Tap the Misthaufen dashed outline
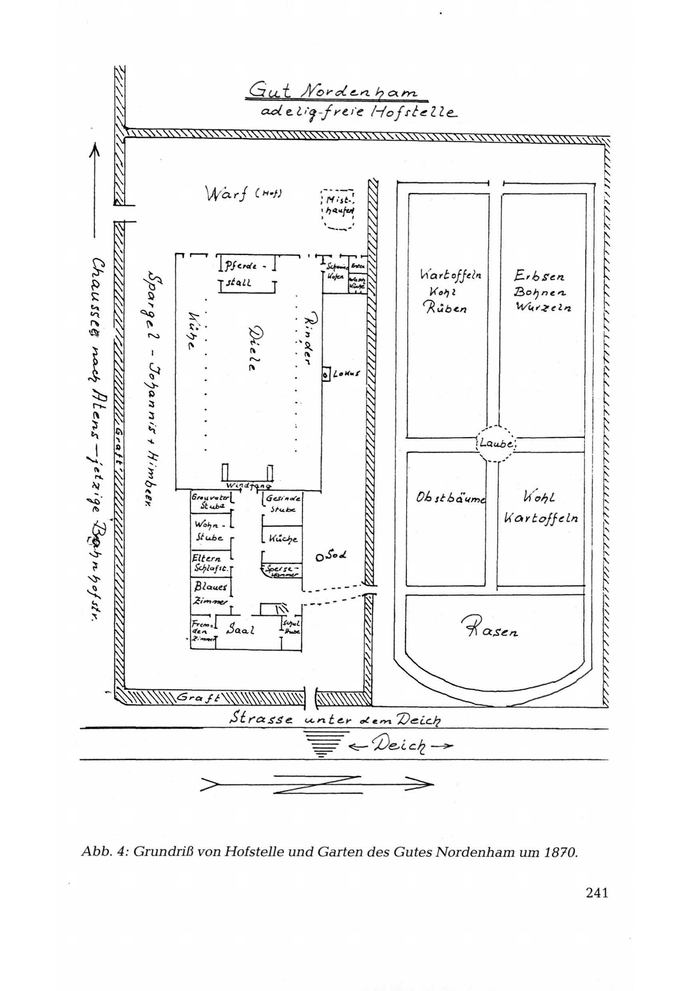click(338, 209)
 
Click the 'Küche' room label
click(283, 538)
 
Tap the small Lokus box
click(326, 374)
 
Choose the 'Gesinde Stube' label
click(283, 503)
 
